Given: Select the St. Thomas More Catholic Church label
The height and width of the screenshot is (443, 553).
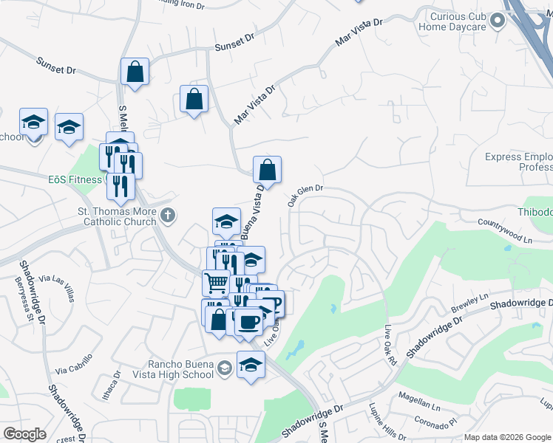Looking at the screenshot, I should coord(118,216).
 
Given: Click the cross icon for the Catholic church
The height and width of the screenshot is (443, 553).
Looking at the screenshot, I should coord(168,216).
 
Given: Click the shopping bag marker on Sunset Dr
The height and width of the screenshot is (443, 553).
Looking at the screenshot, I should coord(135,72).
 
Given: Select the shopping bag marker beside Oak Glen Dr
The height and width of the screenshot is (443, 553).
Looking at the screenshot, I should coord(267,170).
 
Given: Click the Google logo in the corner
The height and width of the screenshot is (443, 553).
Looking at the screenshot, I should coord(24,434).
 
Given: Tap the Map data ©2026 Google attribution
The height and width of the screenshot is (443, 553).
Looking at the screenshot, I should coord(506,437).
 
